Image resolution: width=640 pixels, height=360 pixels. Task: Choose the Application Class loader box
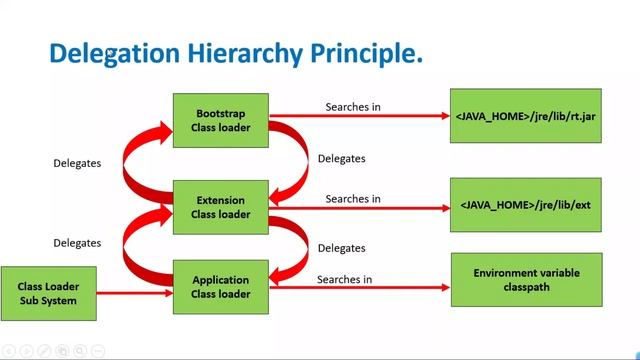(220, 287)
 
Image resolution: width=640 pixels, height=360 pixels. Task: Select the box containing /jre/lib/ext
(526, 204)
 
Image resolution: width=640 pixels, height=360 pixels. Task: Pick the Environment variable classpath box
(526, 279)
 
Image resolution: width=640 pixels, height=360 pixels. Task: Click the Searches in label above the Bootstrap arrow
(353, 106)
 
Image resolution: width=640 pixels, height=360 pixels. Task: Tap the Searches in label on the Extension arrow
(353, 198)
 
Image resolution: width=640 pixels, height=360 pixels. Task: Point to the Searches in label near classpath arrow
(345, 278)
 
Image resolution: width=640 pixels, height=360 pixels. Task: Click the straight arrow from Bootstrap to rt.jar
(360, 116)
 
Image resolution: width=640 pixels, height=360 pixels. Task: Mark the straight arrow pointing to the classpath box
(360, 288)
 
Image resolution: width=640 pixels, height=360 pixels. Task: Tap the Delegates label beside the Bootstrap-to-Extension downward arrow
(341, 158)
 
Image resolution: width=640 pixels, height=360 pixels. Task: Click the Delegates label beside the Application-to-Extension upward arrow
(77, 242)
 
